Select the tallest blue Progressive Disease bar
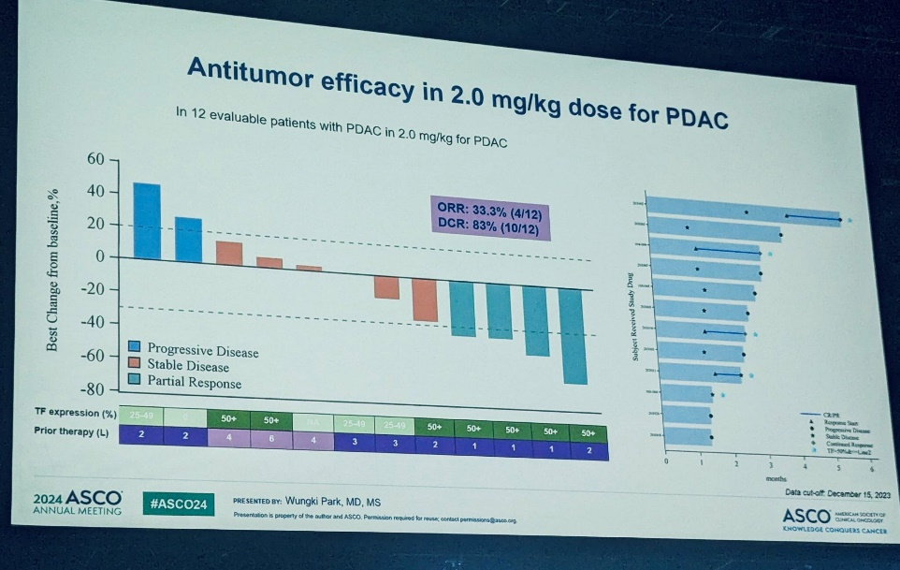pos(147,221)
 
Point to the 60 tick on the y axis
pos(97,159)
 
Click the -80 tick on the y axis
pos(94,389)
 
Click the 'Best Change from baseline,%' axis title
pos(52,267)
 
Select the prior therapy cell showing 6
pos(271,438)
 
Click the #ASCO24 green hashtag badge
pos(179,504)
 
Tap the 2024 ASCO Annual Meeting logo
pos(77,504)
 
